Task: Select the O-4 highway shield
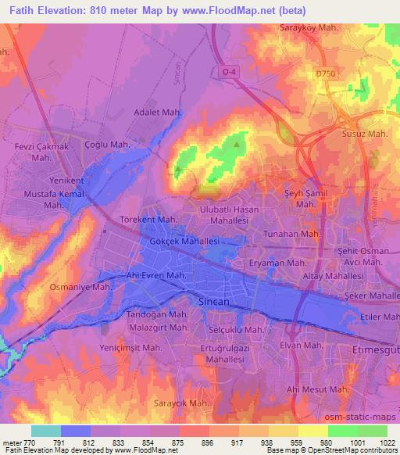(228, 72)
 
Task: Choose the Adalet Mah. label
(158, 113)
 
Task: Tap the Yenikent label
(66, 181)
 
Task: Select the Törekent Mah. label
(148, 220)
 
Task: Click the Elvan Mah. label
(302, 345)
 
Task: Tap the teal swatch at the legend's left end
(46, 430)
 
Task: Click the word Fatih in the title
(20, 11)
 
